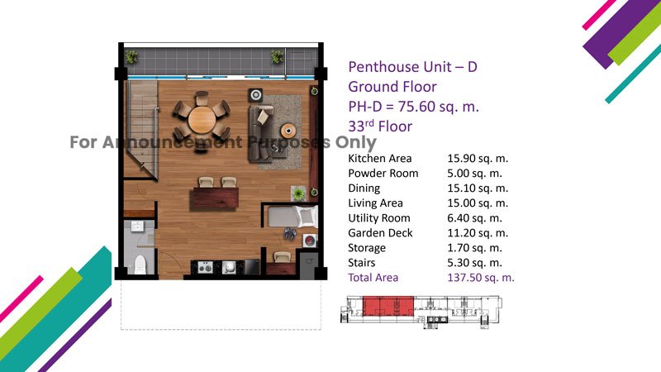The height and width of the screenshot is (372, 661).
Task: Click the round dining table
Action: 202,120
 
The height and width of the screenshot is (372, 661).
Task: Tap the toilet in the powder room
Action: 140,264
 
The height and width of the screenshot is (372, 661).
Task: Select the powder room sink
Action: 137,227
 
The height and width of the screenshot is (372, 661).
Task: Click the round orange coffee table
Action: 288,131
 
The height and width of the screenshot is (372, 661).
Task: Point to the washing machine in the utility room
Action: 309,241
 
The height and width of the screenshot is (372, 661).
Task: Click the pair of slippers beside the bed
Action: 290,233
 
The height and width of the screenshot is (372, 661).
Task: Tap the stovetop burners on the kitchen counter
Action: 205,267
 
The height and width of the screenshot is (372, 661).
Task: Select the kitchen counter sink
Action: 229,267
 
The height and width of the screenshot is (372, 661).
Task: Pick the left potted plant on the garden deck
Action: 131,56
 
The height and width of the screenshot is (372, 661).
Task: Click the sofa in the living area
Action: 261,134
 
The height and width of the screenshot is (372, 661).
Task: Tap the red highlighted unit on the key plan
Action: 388,306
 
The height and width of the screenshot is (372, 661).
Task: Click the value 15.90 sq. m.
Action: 478,159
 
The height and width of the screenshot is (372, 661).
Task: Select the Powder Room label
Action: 383,174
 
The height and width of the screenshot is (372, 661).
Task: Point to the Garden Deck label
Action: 380,233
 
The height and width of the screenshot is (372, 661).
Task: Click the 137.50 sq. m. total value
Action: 481,278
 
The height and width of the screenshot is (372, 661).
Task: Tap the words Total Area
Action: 373,278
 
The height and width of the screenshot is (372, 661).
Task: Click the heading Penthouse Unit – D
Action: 412,67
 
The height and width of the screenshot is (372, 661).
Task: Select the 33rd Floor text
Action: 380,126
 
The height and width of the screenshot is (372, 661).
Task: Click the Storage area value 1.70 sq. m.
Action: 474,248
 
